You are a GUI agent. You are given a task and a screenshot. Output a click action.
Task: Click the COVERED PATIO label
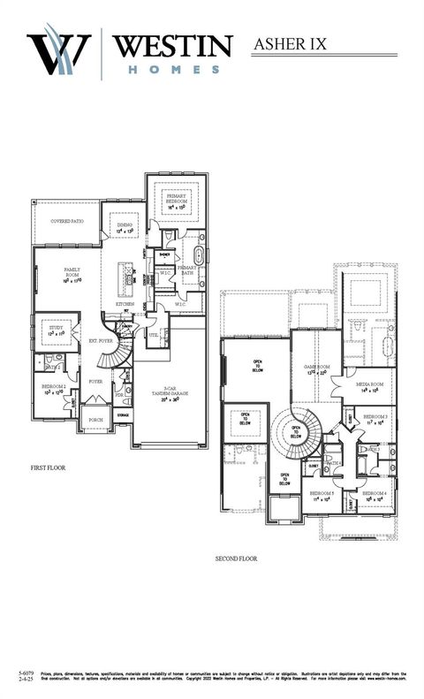click(x=67, y=221)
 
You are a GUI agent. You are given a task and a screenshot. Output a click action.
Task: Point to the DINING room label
click(x=125, y=228)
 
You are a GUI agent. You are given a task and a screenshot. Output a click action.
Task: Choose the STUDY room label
click(x=55, y=331)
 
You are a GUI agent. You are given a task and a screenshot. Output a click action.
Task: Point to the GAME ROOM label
click(x=316, y=368)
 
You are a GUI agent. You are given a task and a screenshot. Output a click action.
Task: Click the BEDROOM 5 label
click(x=322, y=496)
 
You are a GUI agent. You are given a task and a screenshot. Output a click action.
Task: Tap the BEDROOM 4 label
click(x=375, y=496)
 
